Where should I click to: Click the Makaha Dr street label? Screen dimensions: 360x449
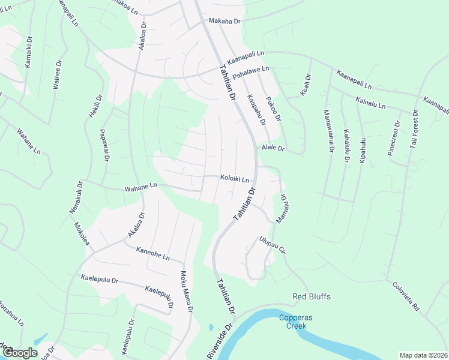pyautogui.click(x=224, y=21)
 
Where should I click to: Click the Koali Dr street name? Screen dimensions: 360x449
pyautogui.click(x=307, y=85)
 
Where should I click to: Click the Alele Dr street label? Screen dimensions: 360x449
pyautogui.click(x=272, y=148)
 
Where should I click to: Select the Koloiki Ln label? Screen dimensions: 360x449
pyautogui.click(x=234, y=178)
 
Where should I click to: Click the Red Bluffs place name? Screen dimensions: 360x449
pyautogui.click(x=312, y=296)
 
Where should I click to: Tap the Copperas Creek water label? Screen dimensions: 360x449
pyautogui.click(x=292, y=322)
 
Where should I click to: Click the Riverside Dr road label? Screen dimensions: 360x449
pyautogui.click(x=219, y=343)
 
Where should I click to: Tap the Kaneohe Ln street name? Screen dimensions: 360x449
pyautogui.click(x=152, y=254)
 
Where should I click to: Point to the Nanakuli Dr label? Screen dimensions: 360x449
pyautogui.click(x=72, y=200)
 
